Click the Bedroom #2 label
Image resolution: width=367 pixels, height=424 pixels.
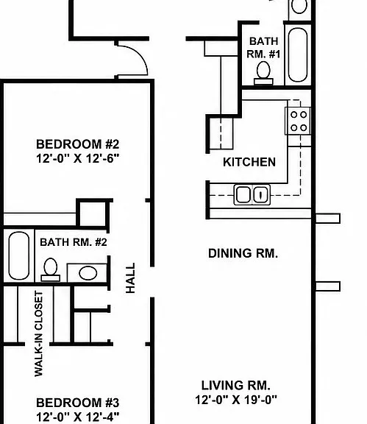[77, 144]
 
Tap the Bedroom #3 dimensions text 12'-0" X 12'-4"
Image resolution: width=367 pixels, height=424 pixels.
[77, 417]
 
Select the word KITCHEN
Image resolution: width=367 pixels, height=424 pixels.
[249, 162]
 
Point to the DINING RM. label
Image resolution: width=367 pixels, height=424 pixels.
[243, 253]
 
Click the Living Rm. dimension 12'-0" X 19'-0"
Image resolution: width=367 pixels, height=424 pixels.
[236, 400]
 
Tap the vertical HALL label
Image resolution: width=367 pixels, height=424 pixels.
[130, 278]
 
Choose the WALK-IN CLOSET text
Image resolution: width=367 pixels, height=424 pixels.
[39, 333]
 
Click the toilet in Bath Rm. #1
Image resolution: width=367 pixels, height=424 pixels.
[263, 73]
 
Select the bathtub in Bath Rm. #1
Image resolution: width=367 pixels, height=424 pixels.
[298, 54]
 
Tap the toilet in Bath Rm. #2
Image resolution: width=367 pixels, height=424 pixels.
[50, 269]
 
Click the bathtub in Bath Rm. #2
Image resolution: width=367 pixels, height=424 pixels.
[19, 255]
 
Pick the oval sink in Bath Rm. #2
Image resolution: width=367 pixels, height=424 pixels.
[88, 273]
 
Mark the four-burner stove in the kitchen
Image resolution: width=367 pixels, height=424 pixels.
[298, 121]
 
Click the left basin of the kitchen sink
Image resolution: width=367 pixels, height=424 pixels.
[243, 194]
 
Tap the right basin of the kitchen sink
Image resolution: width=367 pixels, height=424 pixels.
[261, 194]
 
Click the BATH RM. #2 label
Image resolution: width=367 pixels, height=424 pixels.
[74, 242]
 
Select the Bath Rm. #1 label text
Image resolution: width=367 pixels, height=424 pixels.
[263, 48]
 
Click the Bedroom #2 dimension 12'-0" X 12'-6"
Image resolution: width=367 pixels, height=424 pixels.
[77, 158]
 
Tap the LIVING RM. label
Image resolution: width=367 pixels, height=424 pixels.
[235, 385]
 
